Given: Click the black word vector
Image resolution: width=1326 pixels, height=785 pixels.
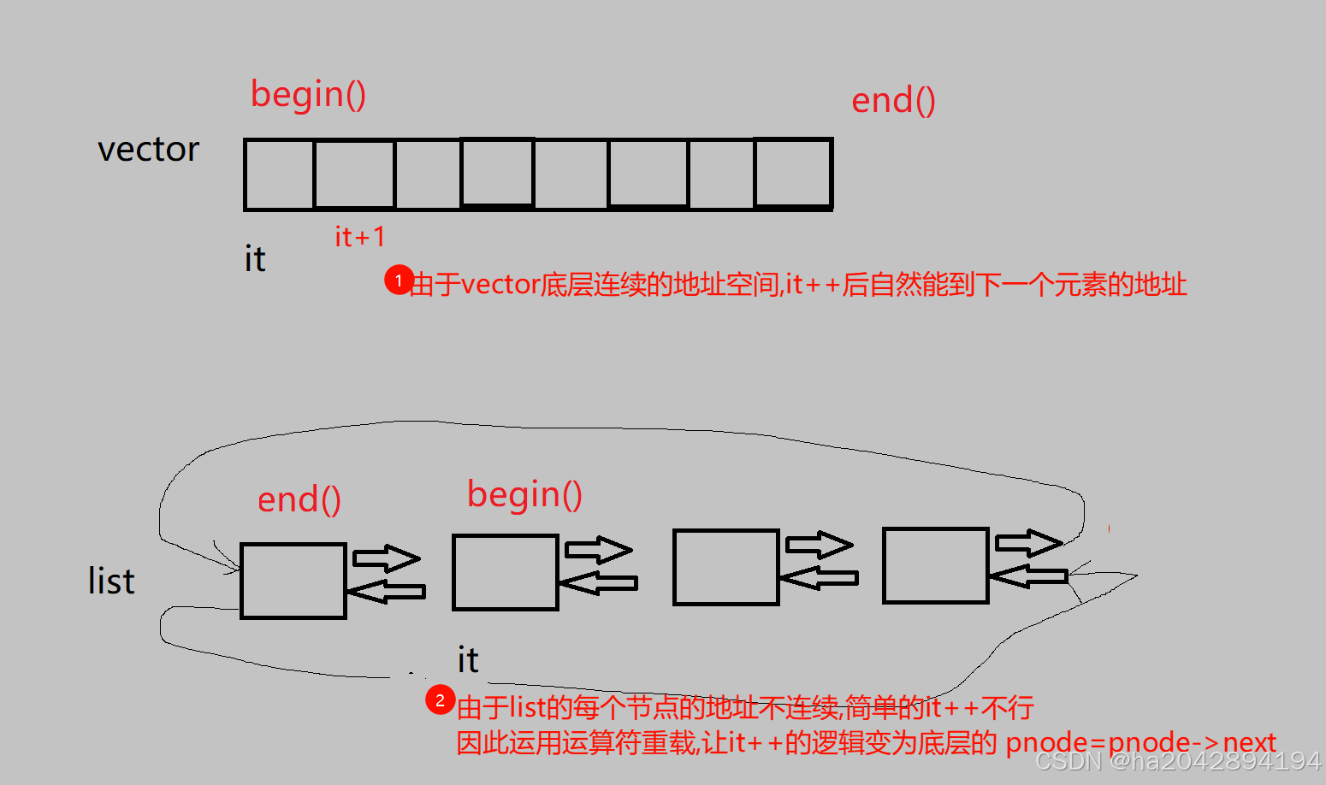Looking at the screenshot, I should [148, 150].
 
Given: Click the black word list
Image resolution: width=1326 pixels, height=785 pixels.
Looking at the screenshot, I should [111, 581].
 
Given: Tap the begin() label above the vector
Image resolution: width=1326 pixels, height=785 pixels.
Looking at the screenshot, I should [308, 94].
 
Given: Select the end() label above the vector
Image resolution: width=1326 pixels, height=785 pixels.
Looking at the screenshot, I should [893, 101].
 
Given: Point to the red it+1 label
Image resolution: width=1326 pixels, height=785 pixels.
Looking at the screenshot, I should [359, 237].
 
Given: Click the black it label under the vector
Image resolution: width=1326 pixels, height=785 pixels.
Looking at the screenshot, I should [255, 259].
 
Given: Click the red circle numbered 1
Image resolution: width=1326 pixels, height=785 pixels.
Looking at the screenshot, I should [399, 280].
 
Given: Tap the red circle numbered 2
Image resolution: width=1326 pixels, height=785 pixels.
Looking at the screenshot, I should [440, 700].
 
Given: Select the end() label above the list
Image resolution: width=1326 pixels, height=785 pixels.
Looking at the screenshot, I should [299, 499].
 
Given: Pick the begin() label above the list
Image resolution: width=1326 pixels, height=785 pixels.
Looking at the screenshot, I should [524, 494].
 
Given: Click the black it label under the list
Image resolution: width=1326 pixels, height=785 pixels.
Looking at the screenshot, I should [468, 660].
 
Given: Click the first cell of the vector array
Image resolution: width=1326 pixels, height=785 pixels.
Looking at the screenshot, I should [280, 174].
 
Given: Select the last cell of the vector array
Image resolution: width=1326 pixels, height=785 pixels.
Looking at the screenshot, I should [793, 174].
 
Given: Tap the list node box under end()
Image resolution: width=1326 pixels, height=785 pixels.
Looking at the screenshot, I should [293, 581].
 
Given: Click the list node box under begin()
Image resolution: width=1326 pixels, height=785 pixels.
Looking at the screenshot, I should [506, 572].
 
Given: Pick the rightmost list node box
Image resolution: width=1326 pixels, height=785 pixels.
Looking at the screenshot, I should [936, 566].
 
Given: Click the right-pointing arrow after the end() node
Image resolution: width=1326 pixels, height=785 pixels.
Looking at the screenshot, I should [387, 558].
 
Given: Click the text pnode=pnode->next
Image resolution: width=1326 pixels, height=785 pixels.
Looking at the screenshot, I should [1140, 742].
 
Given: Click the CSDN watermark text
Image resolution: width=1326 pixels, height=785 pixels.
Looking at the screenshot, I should [1178, 760].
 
